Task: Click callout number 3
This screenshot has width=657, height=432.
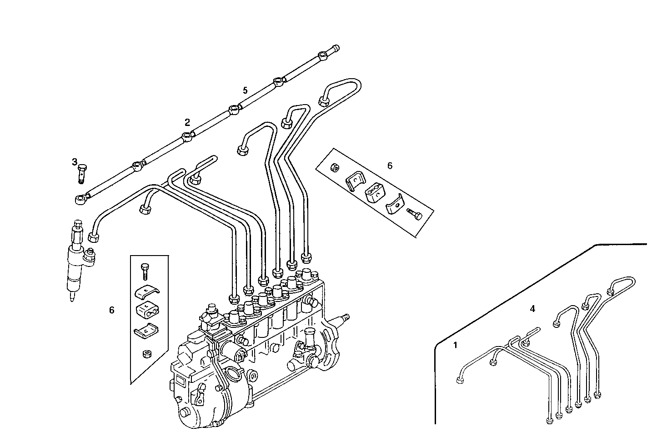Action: (75, 162)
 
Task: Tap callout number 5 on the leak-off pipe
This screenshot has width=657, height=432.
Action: (245, 90)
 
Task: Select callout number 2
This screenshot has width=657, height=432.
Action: (187, 122)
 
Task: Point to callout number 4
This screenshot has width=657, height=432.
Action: (532, 309)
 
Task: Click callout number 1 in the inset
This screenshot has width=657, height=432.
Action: (456, 345)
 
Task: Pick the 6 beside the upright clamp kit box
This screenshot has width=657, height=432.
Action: (111, 310)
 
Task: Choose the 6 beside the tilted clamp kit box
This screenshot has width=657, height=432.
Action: (390, 166)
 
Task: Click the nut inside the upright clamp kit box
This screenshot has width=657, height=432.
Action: (146, 354)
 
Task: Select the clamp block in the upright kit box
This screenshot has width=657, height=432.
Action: (145, 311)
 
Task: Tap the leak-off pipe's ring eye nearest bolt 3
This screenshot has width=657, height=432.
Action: (80, 199)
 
